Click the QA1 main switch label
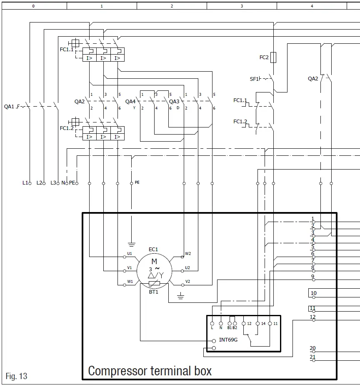coord(9,106)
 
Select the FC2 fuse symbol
coord(273,57)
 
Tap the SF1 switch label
coord(254,79)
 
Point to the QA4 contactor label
coord(130,101)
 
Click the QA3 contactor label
coord(174,101)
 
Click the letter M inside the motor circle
coord(154,262)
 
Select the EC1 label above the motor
coord(153,250)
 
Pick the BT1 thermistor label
coord(154,292)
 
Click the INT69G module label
coord(228,340)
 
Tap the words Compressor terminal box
coord(150,370)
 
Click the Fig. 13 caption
coord(17,376)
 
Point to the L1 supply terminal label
coord(25,183)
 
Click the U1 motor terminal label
coord(130,253)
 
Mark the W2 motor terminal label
coord(188,253)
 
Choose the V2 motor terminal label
coord(188,281)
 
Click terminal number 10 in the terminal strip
coord(313,293)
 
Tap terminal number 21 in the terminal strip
coord(312,357)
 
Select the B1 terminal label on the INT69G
coord(230,328)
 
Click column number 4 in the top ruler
coord(312,6)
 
